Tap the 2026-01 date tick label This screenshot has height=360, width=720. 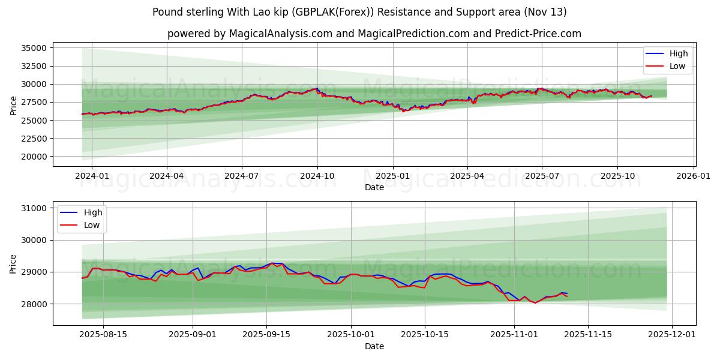click(693, 176)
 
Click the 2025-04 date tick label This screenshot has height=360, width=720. click(467, 176)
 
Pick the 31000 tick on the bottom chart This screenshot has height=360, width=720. click(32, 208)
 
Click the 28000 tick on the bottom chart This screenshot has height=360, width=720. click(32, 304)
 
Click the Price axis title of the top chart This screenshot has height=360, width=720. click(13, 106)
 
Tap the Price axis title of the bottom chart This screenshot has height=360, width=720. click(13, 263)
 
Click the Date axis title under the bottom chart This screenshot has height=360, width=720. click(374, 346)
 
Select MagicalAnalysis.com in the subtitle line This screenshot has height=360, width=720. click(280, 34)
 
